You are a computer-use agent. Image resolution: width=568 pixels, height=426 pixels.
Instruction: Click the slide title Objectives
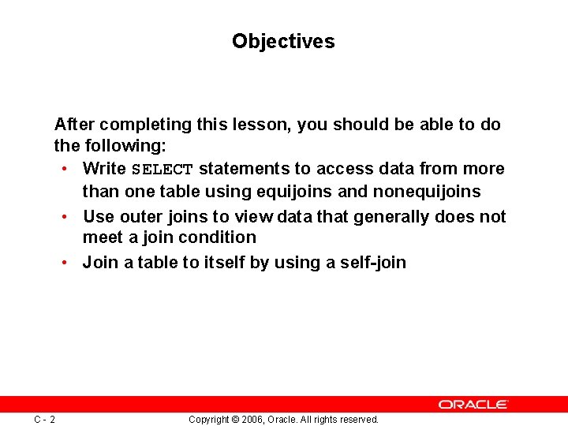point(283,41)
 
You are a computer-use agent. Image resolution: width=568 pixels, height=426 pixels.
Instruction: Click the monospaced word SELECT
point(162,170)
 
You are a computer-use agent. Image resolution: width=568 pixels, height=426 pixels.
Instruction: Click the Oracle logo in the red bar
point(473,404)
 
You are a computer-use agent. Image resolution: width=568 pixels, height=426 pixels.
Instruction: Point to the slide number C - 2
point(44,419)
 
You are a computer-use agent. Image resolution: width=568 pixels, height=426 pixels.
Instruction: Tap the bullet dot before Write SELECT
point(62,169)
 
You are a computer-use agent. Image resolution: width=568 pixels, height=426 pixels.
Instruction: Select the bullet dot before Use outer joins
point(62,217)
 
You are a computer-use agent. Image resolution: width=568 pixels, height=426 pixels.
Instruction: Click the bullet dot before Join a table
point(62,263)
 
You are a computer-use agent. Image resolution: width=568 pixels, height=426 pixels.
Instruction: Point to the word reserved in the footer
point(358,420)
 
